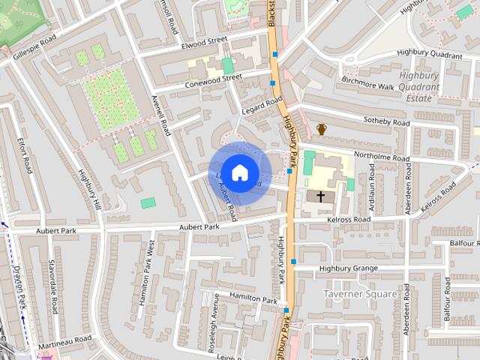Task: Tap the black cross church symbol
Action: point(321,197)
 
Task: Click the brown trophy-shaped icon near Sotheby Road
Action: point(322,130)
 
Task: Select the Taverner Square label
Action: point(360,294)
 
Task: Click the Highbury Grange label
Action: point(348,268)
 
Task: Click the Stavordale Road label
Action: point(52,286)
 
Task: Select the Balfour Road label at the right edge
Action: point(465,243)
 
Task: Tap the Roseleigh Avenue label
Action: point(214,322)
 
